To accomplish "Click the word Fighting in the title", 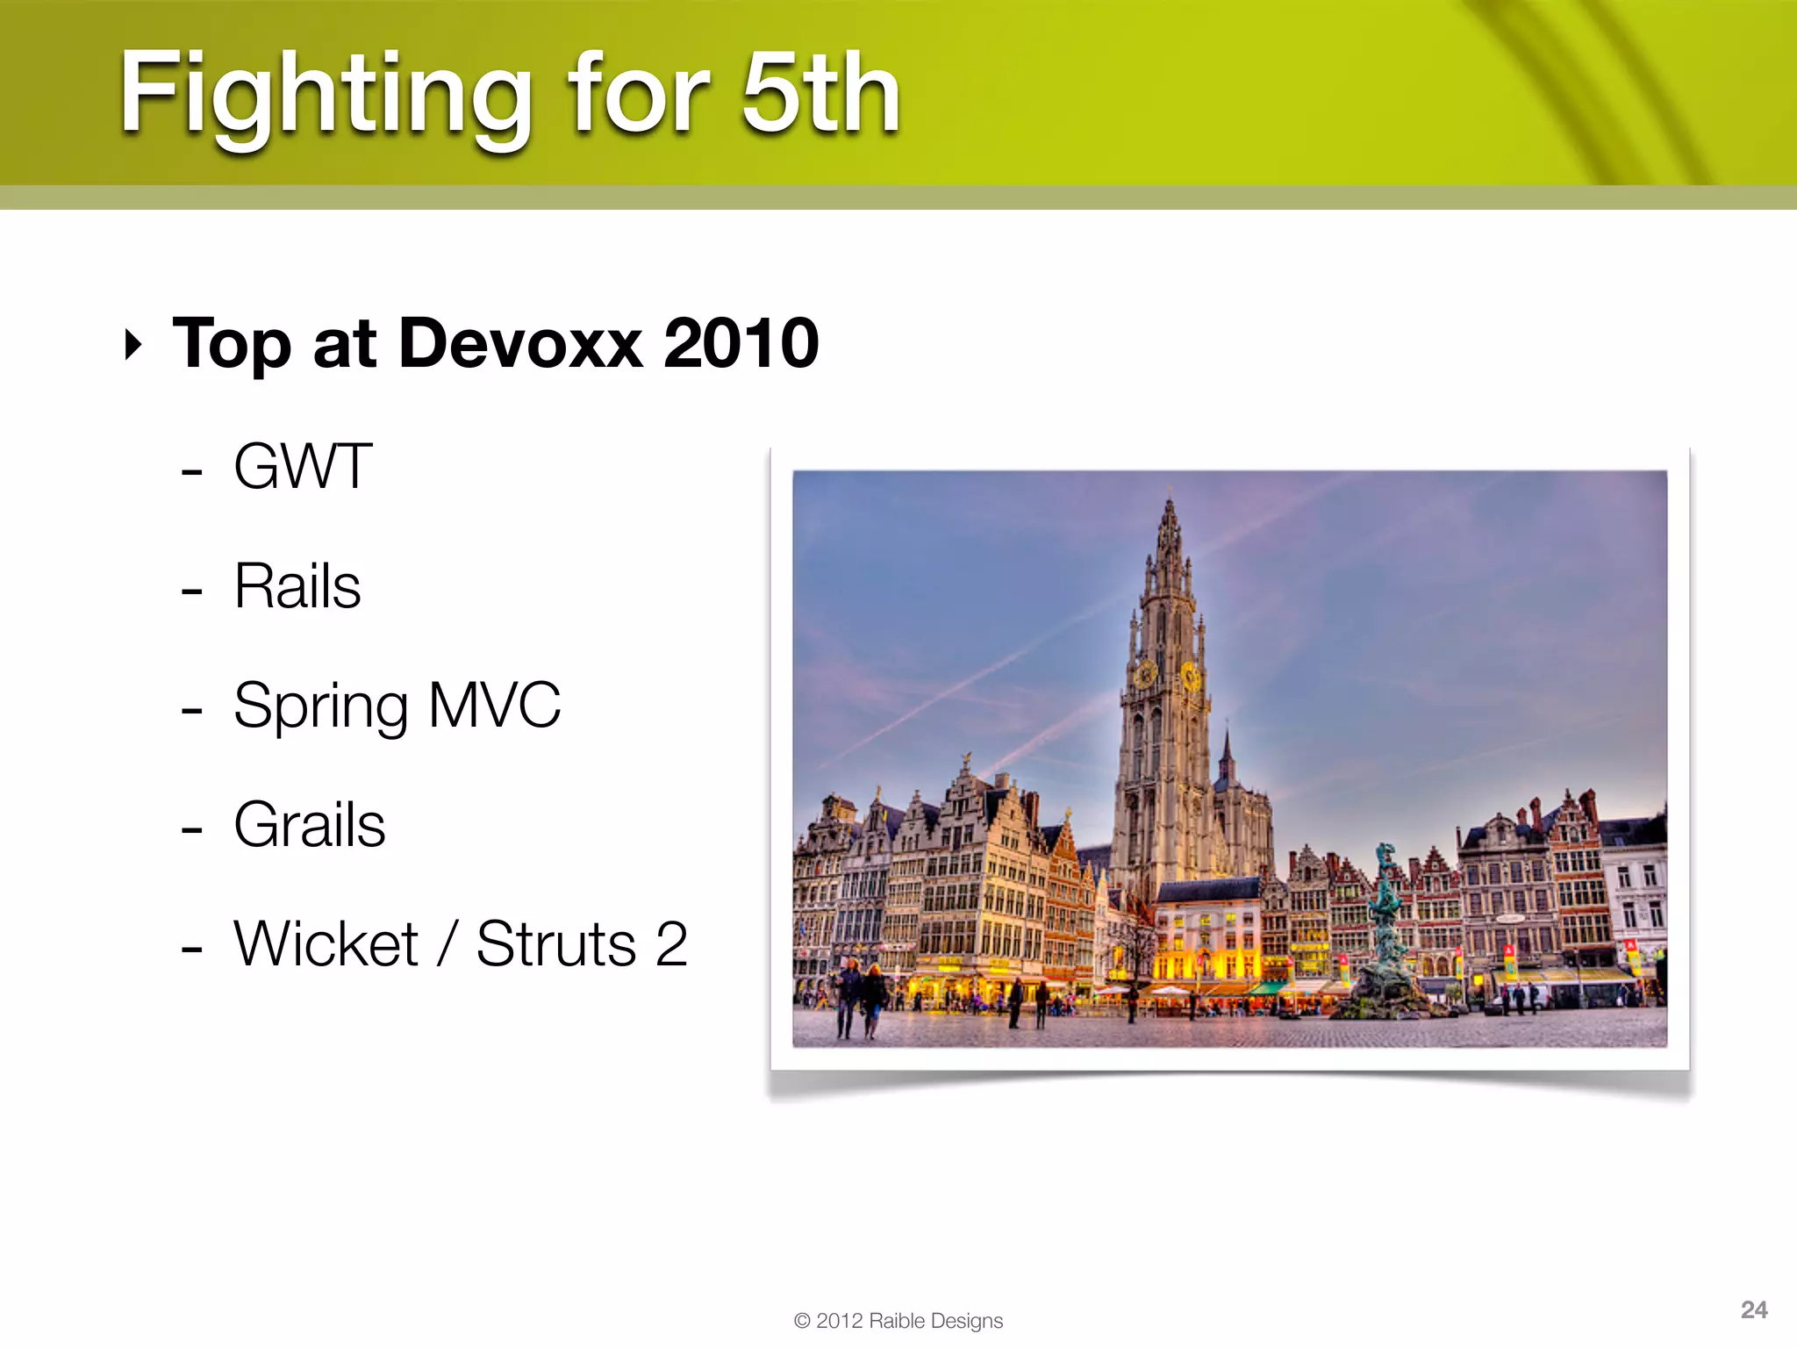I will [326, 95].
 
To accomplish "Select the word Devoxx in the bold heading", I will [520, 343].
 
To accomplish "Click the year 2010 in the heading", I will [741, 343].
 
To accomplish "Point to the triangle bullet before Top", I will [133, 345].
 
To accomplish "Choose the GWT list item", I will [303, 467].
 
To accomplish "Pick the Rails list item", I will [297, 586].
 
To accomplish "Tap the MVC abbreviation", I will [495, 705].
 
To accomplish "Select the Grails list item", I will [310, 825].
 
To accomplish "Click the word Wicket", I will [326, 944].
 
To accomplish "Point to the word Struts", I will [556, 944].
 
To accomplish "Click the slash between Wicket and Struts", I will [447, 944].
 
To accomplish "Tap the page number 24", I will [1753, 1309].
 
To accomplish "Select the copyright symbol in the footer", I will [802, 1321].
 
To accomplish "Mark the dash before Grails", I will [191, 828].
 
